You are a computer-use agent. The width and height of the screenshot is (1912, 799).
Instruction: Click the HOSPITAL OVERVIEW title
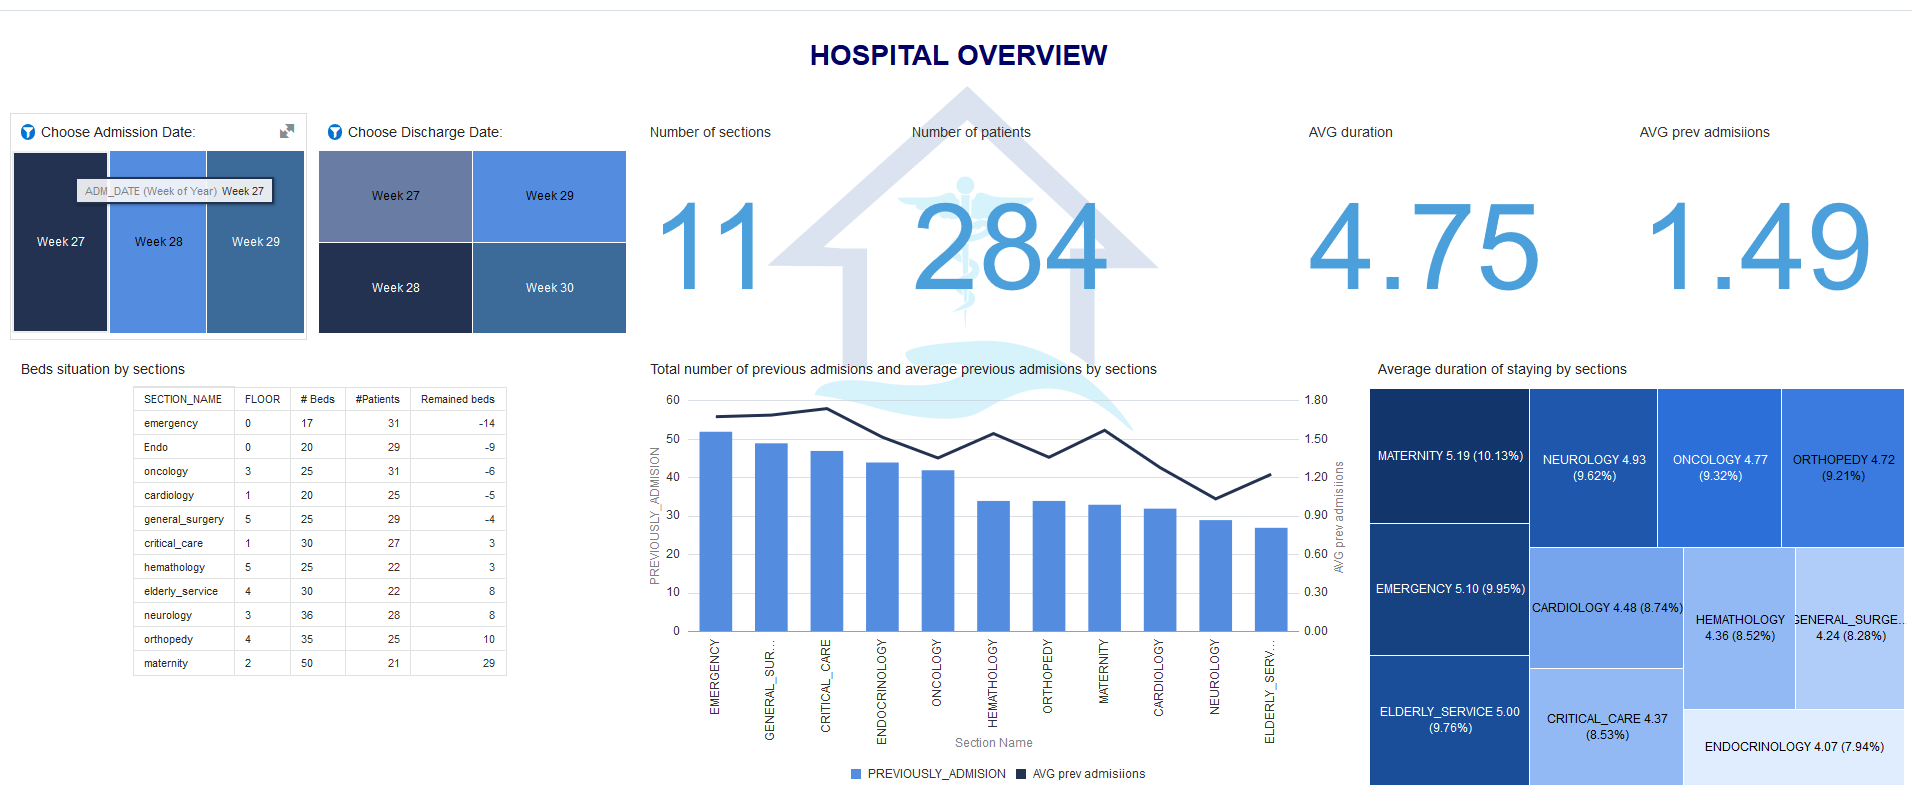958,55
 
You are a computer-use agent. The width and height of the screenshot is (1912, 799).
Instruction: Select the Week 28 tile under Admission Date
158,242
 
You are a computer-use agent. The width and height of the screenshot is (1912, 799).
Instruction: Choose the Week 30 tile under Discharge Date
549,288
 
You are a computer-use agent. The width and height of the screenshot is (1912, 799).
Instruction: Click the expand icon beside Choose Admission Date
287,131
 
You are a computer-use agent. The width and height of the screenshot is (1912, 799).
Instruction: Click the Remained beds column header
457,399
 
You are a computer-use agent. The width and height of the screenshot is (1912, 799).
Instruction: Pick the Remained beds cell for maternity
488,663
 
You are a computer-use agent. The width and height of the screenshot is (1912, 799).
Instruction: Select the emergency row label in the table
171,423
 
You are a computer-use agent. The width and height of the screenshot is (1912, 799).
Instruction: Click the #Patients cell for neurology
393,615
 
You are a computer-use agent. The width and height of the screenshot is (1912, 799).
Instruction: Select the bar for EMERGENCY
715,530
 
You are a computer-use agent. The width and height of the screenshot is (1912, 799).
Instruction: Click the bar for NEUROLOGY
1215,575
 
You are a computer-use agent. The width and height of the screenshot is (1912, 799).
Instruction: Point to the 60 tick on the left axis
673,400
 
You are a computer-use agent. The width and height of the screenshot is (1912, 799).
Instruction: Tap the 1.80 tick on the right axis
1316,400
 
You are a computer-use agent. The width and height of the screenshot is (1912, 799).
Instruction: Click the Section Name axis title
993,743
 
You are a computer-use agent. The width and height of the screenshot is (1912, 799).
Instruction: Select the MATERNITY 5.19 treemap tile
1449,456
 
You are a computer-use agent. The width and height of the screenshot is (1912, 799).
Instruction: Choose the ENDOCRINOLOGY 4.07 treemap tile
1793,747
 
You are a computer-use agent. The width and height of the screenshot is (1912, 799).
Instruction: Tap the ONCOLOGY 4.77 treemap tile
1719,467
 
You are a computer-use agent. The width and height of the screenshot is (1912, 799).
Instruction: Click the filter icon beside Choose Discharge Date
335,132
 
